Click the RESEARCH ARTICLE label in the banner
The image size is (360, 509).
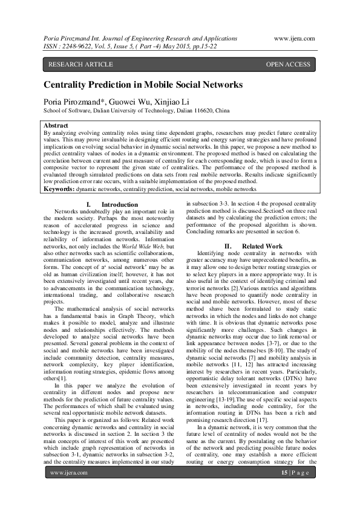pyautogui.click(x=80, y=64)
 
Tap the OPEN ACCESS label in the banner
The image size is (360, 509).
pyautogui.click(x=289, y=64)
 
